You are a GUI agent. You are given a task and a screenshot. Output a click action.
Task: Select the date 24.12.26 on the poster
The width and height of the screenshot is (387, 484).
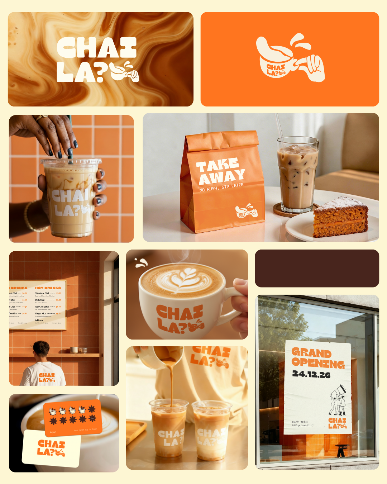311,374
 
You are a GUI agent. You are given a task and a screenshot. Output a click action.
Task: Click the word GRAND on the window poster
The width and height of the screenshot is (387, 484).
311,353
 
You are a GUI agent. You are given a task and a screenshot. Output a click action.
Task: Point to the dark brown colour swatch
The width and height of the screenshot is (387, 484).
317,268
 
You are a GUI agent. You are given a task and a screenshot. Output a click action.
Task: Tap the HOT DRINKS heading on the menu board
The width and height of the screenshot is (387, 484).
48,288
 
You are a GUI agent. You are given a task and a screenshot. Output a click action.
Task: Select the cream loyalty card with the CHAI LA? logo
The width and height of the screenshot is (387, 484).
51,448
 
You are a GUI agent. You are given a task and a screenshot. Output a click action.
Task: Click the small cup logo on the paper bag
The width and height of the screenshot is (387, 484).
246,212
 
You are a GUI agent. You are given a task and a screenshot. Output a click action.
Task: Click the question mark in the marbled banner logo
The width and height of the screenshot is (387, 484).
101,73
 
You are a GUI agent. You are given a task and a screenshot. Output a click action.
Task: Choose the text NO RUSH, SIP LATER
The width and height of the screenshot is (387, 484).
221,187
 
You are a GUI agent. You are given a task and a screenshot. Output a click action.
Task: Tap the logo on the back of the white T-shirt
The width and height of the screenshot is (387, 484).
47,378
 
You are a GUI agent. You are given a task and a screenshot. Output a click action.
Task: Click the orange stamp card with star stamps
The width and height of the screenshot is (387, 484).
73,417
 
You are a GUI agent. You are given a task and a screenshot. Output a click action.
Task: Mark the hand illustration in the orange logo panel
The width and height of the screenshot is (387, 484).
312,67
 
